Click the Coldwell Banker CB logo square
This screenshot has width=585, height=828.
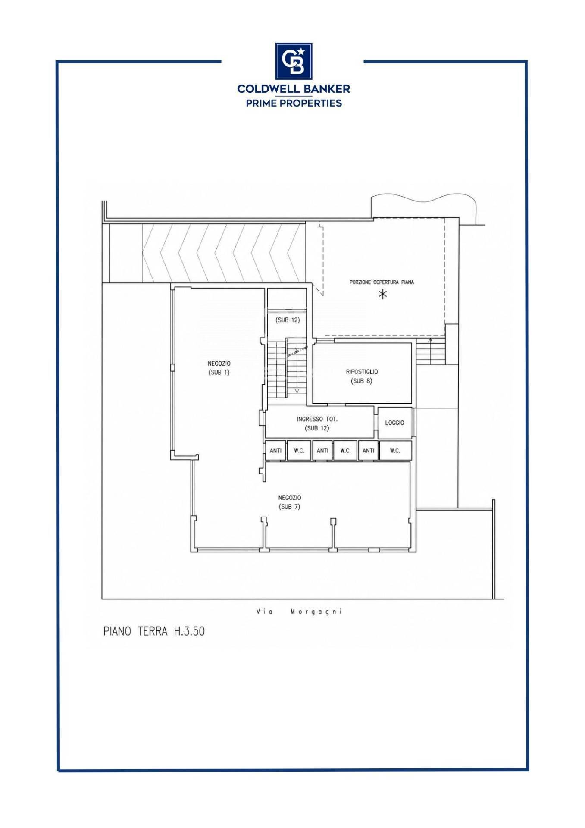(294, 61)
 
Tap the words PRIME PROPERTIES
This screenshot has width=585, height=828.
(294, 103)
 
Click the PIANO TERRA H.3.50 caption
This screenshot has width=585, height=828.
(154, 632)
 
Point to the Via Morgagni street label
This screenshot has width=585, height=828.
(299, 612)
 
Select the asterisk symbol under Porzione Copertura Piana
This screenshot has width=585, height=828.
(382, 295)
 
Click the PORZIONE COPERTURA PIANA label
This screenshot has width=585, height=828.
(382, 282)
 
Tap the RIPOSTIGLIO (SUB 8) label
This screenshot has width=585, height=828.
(362, 376)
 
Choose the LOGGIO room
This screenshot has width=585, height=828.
(395, 423)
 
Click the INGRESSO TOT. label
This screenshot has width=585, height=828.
(317, 419)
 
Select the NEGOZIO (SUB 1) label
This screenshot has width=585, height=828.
(219, 368)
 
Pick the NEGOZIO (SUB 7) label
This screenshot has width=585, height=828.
(290, 502)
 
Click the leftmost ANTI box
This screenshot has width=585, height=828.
(275, 451)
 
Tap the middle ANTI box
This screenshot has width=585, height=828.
(322, 451)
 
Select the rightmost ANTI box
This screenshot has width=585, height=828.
(368, 451)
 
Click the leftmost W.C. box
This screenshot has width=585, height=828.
(299, 451)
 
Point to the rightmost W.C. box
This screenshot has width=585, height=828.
(395, 451)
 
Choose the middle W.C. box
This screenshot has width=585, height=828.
(345, 451)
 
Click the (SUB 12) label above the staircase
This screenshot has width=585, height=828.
(288, 320)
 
